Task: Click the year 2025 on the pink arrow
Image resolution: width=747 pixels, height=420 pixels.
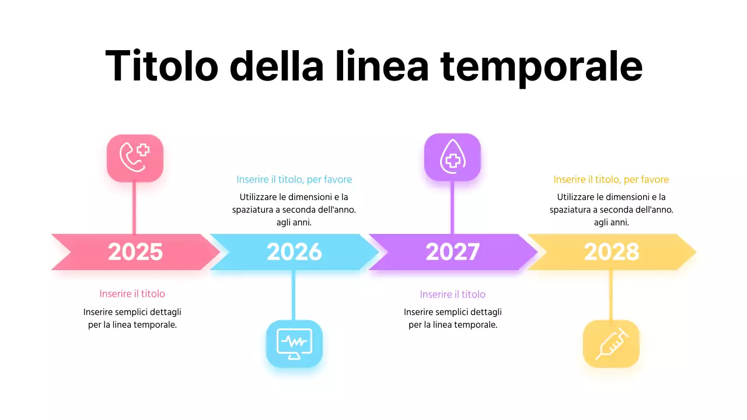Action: pos(135,252)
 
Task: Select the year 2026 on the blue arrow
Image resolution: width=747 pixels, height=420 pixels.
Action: pos(294,252)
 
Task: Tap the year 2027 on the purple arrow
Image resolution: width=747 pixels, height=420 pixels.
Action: pos(453,252)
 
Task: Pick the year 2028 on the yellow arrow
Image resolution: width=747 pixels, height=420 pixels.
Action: pos(612,252)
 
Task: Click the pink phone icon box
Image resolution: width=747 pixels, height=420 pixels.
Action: pos(135,158)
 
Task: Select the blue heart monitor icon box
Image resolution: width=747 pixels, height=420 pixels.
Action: pos(294,344)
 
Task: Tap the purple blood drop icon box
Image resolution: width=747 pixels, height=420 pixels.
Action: pos(452,157)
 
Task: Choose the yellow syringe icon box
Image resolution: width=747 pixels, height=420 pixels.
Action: pos(611,344)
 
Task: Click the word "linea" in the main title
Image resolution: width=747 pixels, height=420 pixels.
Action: pos(382,65)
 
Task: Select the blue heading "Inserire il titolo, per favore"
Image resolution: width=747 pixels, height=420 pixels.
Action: pos(294,180)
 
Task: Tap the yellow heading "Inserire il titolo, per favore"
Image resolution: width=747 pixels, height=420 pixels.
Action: pos(611,180)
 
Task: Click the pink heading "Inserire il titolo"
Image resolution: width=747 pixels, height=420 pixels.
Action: pos(132,294)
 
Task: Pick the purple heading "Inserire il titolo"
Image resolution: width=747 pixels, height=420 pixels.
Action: pos(453,295)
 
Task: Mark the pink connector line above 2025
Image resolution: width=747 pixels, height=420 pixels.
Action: pos(135,208)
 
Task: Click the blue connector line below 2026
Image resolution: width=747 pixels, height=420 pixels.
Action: pos(294,295)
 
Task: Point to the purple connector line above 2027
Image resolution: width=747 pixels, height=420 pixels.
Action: pos(452,207)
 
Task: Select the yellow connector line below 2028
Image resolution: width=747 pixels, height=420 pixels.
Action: pos(611,295)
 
